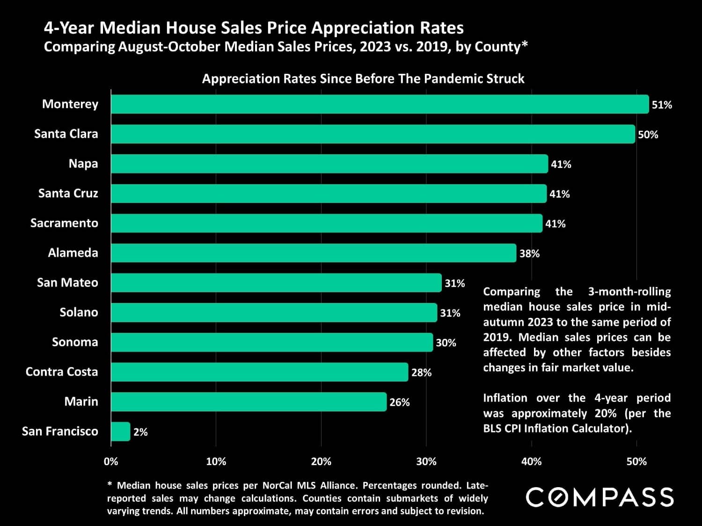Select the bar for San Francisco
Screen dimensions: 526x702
point(121,432)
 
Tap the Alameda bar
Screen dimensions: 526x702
point(314,253)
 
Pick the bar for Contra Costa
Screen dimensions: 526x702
point(260,372)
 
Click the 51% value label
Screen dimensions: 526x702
point(662,105)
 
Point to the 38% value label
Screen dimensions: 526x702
point(529,254)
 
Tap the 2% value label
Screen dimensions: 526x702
point(140,432)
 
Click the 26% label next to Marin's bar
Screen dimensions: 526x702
point(399,403)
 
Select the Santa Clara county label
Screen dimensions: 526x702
point(66,134)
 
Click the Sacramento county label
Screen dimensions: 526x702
point(64,223)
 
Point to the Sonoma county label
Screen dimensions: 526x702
point(75,342)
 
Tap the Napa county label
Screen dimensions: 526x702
point(83,164)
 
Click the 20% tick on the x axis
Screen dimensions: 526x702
point(321,462)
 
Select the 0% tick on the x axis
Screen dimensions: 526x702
point(111,462)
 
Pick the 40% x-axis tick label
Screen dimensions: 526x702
point(531,462)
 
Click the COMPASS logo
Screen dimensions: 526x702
point(600,497)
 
